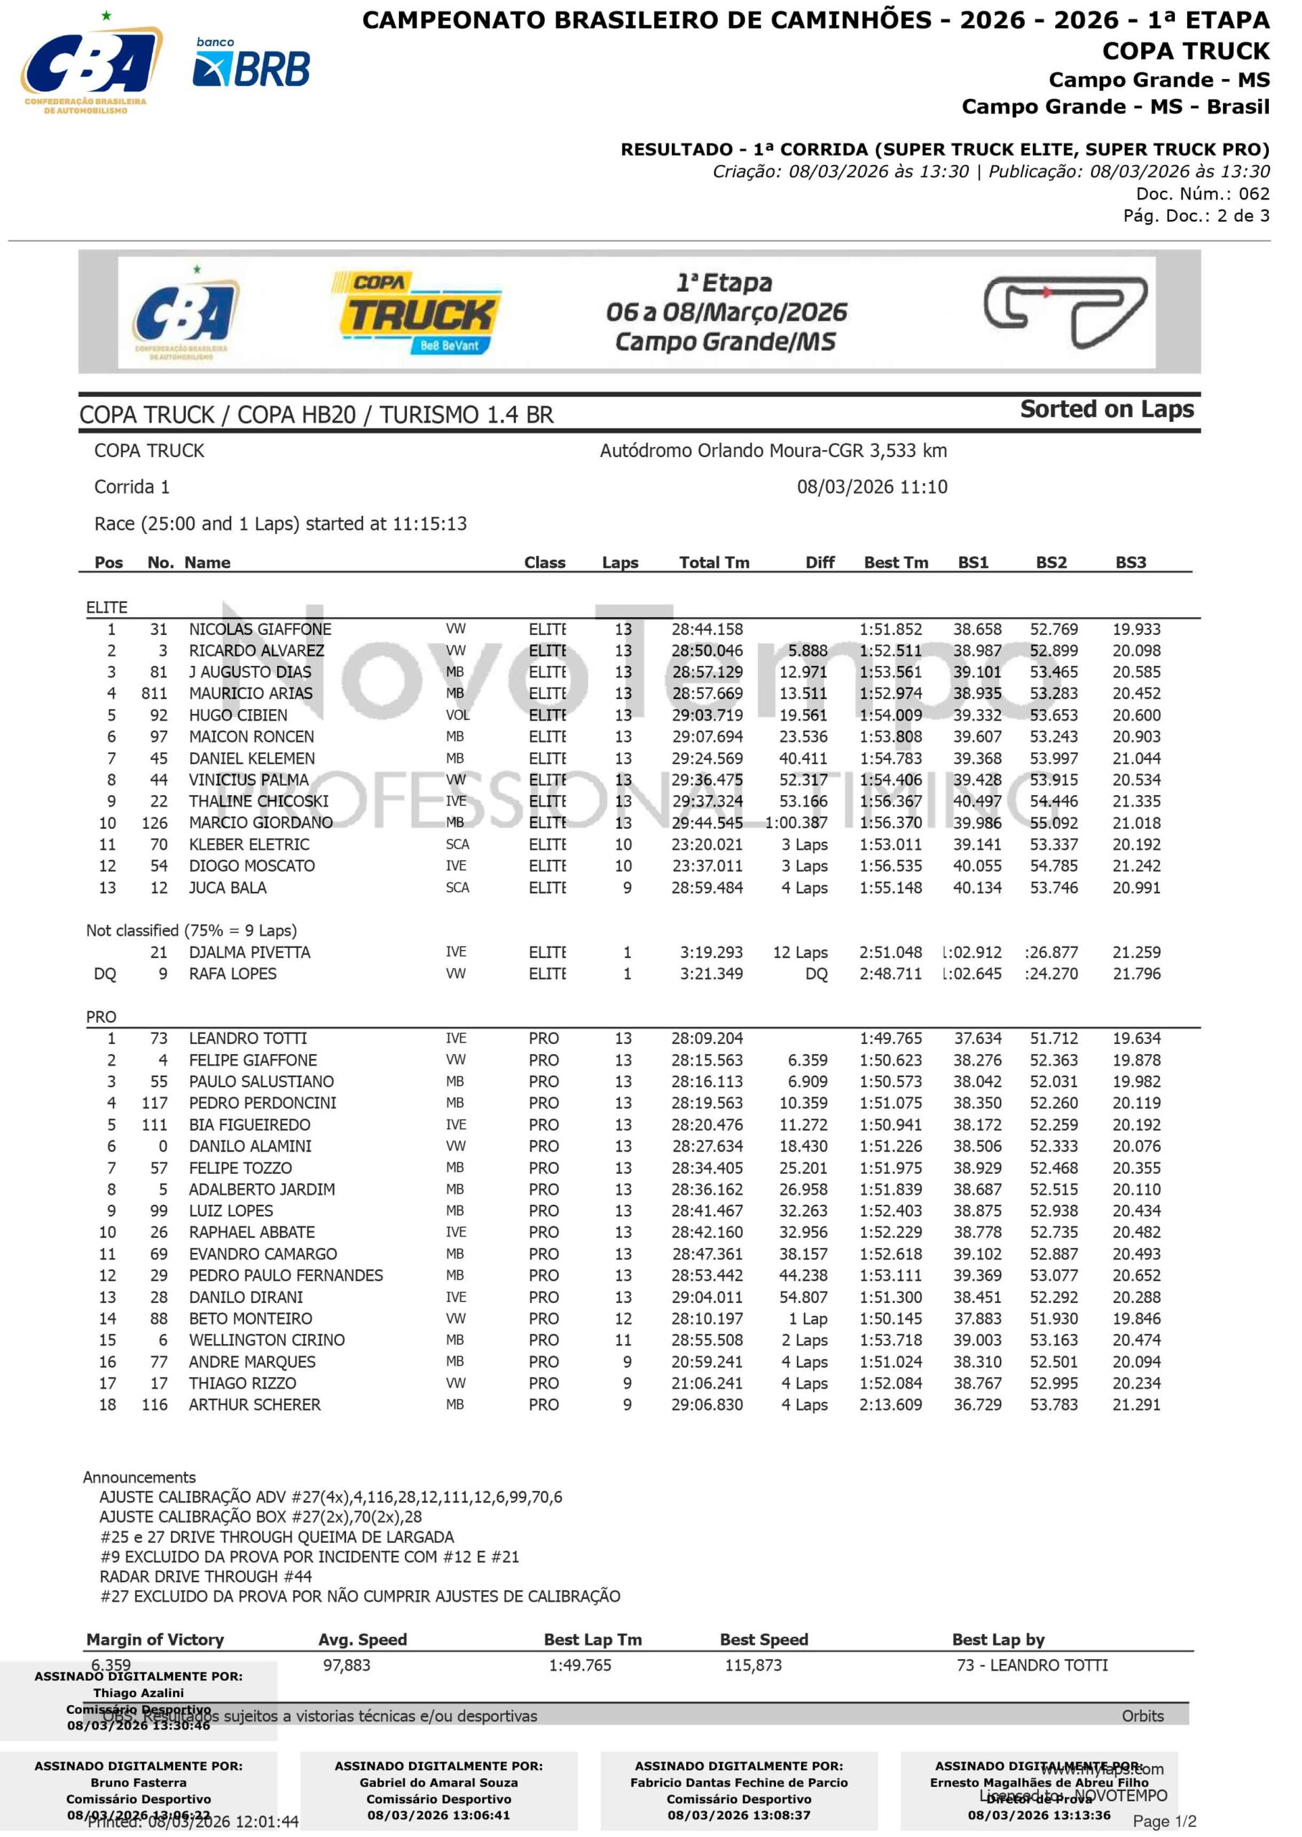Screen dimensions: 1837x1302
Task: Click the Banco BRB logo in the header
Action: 251,64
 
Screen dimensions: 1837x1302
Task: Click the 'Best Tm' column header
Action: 896,563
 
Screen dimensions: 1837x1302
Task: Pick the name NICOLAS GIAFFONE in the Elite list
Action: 260,629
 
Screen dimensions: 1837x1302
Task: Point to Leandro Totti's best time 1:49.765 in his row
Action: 891,1039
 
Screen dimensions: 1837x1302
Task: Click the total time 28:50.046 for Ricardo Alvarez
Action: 706,651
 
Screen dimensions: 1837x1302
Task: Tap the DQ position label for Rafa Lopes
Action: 105,974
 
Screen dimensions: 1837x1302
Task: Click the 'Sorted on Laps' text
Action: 1106,410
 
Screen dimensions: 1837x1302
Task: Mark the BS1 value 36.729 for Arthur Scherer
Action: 978,1405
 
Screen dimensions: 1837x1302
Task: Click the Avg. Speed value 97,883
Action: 347,1665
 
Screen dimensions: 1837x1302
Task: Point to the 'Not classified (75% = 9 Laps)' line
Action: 192,931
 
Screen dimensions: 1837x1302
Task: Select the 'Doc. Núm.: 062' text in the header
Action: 1202,194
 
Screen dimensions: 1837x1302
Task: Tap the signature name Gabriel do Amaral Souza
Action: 439,1782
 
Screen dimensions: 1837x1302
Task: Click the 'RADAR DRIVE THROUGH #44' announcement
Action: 205,1577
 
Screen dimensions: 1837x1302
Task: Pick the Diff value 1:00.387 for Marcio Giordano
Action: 795,823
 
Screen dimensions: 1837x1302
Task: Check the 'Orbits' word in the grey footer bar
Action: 1143,1716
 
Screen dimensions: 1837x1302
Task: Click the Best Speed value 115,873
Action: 753,1665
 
